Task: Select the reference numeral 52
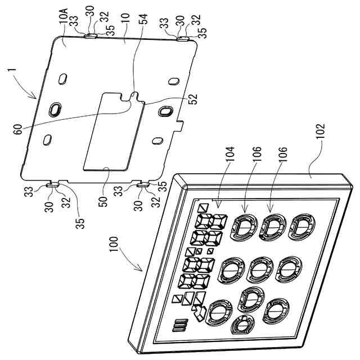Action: [x=192, y=97]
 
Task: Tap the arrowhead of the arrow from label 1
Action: [x=38, y=97]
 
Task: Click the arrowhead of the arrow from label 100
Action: [x=143, y=270]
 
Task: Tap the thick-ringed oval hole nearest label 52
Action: [x=165, y=111]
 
